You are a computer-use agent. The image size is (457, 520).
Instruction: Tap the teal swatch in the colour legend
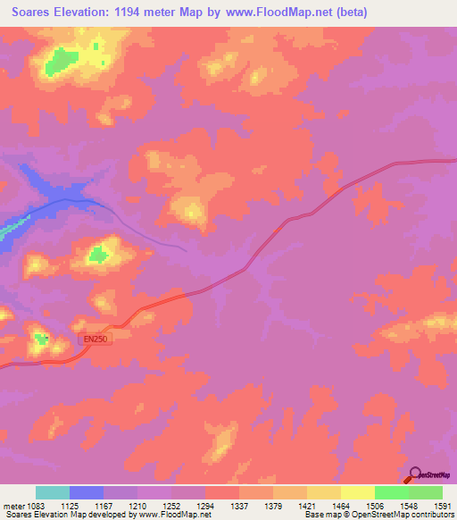point(53,492)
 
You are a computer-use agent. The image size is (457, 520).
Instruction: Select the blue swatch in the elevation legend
point(87,492)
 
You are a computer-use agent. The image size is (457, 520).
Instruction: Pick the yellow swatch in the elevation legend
point(358,492)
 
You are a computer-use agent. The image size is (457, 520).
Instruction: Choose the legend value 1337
point(240,504)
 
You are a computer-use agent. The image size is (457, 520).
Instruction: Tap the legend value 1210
point(137,504)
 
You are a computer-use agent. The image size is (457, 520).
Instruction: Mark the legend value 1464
point(341,504)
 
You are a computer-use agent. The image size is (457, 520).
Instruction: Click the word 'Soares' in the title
point(29,13)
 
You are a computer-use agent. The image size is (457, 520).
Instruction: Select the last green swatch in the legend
point(426,492)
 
